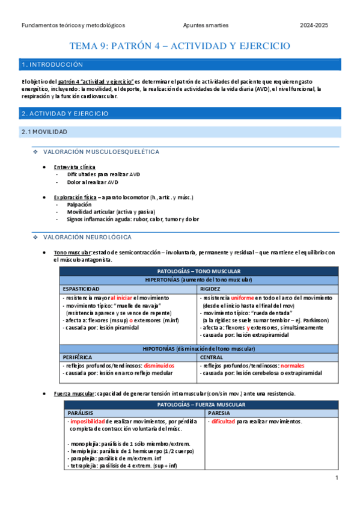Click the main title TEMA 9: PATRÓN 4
pyautogui.click(x=180, y=46)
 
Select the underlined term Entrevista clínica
pyautogui.click(x=74, y=166)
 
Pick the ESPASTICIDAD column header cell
pyautogui.click(x=82, y=289)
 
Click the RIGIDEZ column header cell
pyautogui.click(x=212, y=289)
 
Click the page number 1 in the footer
pyautogui.click(x=338, y=478)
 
